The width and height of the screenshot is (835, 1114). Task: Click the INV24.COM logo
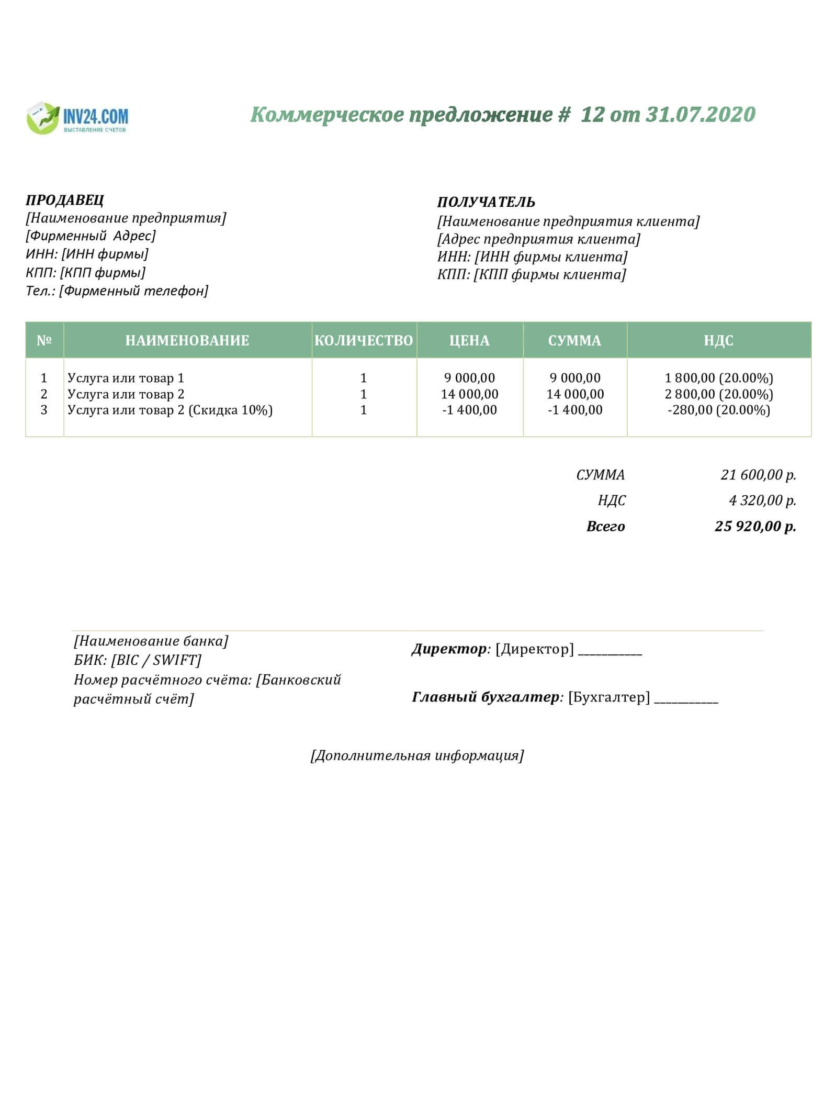[x=77, y=118]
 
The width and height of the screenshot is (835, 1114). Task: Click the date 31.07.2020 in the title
[x=701, y=115]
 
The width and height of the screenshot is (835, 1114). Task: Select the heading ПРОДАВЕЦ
[x=65, y=200]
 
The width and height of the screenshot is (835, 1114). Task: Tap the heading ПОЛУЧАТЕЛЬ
[x=486, y=202]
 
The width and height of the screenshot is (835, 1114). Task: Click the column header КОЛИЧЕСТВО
[x=364, y=341]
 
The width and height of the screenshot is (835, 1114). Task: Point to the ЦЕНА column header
[x=469, y=341]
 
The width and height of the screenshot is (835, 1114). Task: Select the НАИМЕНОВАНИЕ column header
[x=187, y=341]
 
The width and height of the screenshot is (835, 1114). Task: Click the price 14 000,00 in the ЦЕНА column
[x=469, y=394]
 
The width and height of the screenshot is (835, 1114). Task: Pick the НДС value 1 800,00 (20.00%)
[x=718, y=378]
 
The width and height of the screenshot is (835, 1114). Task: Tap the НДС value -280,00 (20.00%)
[x=718, y=410]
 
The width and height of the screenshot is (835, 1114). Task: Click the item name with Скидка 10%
[x=170, y=410]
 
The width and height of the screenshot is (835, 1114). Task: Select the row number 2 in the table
[x=44, y=394]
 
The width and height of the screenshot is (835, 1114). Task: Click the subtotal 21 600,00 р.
[x=758, y=475]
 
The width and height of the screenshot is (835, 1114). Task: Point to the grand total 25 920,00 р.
[x=755, y=526]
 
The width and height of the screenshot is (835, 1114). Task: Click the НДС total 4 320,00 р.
[x=762, y=500]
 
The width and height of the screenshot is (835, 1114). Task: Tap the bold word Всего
[x=605, y=526]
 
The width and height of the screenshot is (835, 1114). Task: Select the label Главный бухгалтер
[x=486, y=697]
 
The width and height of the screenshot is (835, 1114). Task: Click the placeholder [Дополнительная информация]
[x=417, y=755]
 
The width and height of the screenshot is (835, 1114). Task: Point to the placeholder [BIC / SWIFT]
[x=156, y=660]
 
